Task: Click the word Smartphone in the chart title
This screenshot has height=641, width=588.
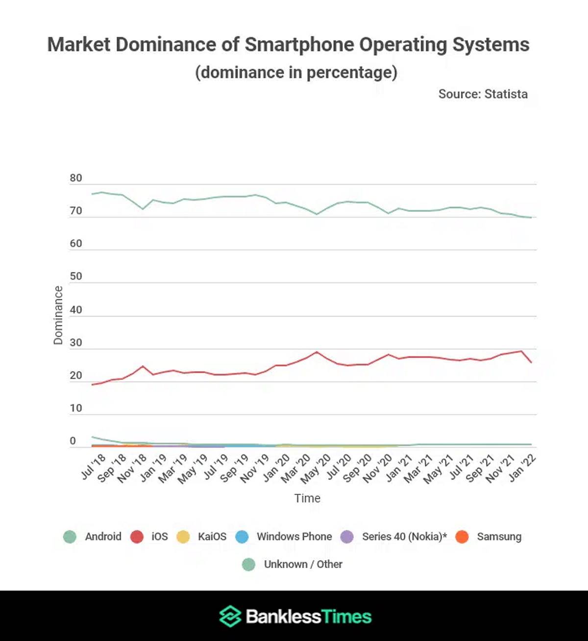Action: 299,45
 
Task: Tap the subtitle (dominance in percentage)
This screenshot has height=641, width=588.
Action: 296,73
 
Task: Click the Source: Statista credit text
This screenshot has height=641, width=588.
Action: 483,94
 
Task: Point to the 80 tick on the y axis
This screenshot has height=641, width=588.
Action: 76,178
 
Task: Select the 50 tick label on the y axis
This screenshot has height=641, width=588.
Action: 76,276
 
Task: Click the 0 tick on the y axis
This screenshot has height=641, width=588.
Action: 73,441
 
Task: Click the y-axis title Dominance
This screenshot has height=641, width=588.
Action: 58,315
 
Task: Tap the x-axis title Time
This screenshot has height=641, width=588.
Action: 307,498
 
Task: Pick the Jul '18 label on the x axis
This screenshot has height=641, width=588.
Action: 93,467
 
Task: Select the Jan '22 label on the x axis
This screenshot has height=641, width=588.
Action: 522,468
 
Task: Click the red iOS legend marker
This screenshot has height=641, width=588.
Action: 137,537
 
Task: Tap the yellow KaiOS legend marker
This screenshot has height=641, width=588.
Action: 183,537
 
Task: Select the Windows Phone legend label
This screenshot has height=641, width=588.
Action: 294,537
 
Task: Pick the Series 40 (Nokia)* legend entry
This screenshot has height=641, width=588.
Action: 404,537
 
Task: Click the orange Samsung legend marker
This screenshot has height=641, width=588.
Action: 462,537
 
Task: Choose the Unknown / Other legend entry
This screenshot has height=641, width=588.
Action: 303,565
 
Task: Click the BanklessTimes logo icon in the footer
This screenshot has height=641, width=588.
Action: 230,616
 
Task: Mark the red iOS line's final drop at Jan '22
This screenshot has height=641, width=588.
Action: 531,362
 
